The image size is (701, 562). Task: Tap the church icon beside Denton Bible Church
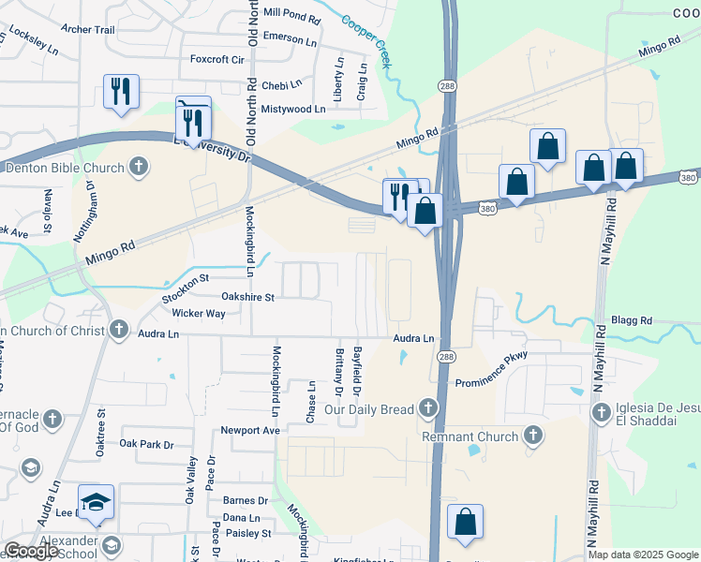(x=139, y=168)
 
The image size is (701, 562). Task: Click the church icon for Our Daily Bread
(x=428, y=408)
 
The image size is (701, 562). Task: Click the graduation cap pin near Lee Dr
(x=96, y=504)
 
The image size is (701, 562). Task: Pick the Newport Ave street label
(x=250, y=431)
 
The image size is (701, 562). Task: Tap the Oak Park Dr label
(x=147, y=444)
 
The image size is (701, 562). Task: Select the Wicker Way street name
(x=198, y=313)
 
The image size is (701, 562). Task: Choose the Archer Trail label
(x=89, y=30)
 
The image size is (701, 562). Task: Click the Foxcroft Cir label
(x=216, y=59)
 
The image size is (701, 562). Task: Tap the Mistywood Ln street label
(x=293, y=109)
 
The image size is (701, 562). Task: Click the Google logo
(x=32, y=552)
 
